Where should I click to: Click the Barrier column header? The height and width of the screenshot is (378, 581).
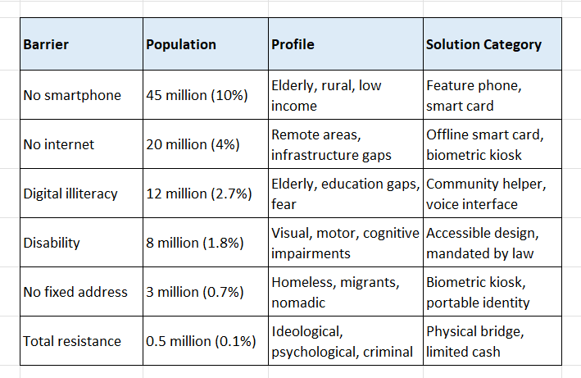[x=46, y=44]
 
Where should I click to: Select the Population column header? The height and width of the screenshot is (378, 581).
[x=181, y=44]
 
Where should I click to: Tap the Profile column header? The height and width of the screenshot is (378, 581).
[x=293, y=44]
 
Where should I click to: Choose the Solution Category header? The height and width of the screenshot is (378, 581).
[x=483, y=44]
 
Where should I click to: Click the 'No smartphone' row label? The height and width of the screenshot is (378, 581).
[x=72, y=95]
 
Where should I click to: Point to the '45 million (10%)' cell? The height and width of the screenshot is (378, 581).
[x=197, y=95]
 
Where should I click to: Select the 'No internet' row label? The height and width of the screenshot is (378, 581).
[x=59, y=144]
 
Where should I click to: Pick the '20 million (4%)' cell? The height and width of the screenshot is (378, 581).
[x=193, y=144]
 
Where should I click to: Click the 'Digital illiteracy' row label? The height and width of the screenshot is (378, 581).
[x=70, y=194]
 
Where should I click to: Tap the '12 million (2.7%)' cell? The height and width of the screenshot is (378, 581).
[x=199, y=194]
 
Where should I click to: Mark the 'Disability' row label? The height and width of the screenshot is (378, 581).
[x=52, y=243]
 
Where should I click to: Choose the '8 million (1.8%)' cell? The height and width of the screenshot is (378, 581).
[x=195, y=243]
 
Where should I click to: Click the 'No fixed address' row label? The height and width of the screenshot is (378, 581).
[x=75, y=292]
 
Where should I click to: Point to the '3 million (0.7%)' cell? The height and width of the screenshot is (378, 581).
[x=195, y=292]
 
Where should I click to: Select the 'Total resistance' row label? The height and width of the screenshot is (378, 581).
[x=72, y=341]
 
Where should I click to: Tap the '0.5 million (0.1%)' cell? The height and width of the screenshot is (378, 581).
[x=201, y=341]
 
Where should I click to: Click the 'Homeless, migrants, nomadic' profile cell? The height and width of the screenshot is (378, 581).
[x=335, y=293]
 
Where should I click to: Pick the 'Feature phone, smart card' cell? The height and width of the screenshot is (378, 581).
[x=474, y=96]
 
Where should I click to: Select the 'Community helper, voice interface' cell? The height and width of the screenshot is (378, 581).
[x=486, y=194]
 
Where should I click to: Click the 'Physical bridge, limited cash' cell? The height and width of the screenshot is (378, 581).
[x=475, y=341]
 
